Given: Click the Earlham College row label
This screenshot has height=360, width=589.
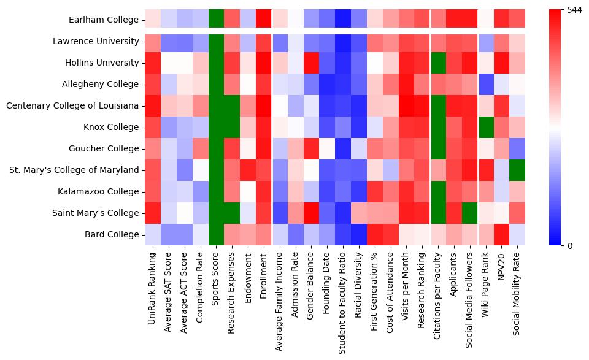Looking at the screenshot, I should point(104,20).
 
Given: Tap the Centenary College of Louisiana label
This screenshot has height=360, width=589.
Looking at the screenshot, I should point(72,105).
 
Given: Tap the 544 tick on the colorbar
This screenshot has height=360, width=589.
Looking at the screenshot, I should point(573,10).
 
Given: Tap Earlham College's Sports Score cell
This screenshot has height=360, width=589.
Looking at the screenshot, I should point(216,20).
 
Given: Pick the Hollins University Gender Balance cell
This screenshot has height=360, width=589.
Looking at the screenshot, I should point(312,63).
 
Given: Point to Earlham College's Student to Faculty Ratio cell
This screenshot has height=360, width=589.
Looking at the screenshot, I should point(344,20).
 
